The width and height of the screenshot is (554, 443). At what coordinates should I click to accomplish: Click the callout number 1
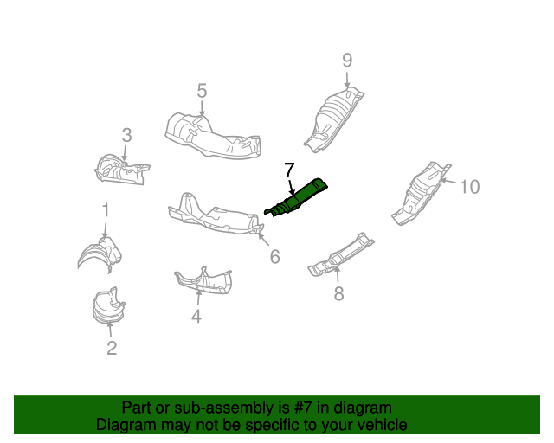tap(106, 209)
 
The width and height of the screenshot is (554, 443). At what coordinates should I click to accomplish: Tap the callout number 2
tap(112, 349)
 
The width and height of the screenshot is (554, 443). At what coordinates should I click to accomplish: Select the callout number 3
tap(126, 135)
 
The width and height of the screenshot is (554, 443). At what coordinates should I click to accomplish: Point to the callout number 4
tap(196, 317)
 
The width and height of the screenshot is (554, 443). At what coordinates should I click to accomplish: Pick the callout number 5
tap(202, 90)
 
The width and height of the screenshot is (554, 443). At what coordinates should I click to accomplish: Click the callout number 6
tap(274, 256)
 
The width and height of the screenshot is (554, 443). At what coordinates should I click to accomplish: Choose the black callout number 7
tap(290, 170)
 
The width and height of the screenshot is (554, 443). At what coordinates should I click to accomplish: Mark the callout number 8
tap(338, 294)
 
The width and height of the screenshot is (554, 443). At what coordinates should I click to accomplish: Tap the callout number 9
tap(347, 61)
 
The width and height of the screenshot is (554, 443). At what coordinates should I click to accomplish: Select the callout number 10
tap(468, 186)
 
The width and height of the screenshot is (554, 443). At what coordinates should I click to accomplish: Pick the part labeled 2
tap(107, 307)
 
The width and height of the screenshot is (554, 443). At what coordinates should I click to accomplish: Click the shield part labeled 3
tap(119, 168)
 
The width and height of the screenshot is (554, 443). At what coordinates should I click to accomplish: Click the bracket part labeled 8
tap(342, 254)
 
